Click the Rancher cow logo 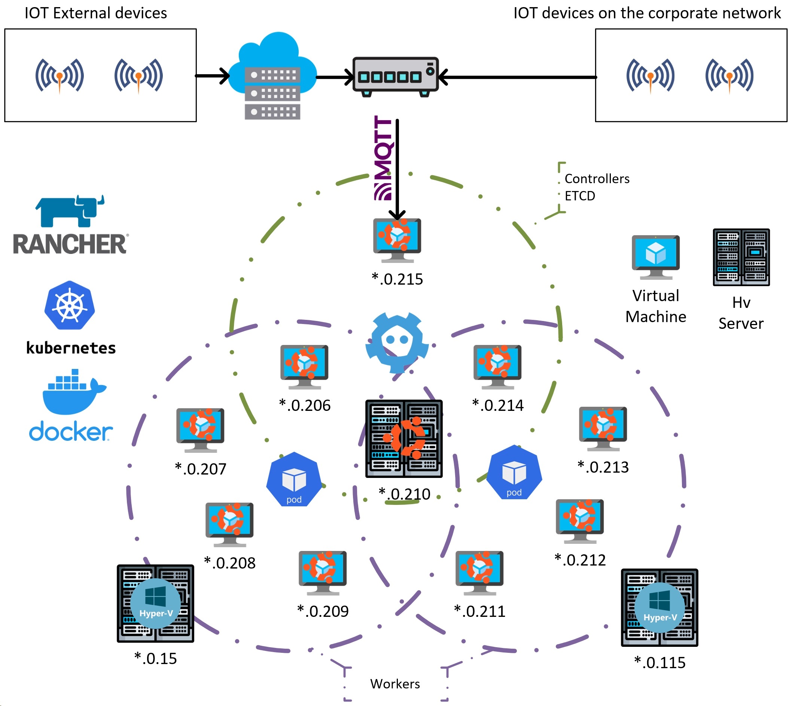point(70,211)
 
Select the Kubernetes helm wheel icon point(70,305)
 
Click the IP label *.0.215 point(397,279)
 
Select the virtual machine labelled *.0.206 point(304,366)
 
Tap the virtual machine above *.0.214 point(497,366)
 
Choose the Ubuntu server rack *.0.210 point(404,438)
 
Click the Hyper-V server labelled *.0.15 point(155,603)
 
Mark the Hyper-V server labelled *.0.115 point(660,607)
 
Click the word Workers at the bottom point(395,684)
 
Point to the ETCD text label point(579,196)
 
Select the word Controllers point(597,179)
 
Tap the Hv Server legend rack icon point(741,257)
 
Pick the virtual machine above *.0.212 point(579,521)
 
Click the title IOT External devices point(96,13)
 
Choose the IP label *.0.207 point(200,469)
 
